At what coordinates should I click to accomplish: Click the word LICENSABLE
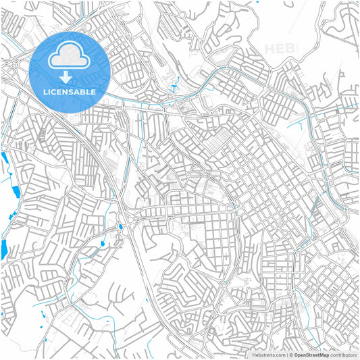coord(70,91)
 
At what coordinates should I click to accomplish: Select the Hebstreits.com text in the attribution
coord(268,354)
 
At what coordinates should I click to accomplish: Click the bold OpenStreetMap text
coord(311,354)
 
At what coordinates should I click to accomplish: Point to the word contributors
coord(344,354)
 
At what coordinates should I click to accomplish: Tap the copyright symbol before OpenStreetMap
coord(290,354)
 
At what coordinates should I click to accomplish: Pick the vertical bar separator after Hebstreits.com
coord(286,354)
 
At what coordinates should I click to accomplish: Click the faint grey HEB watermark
coord(280,49)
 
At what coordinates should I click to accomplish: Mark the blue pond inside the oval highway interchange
coord(121,227)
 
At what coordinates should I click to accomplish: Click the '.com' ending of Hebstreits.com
coord(278,354)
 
